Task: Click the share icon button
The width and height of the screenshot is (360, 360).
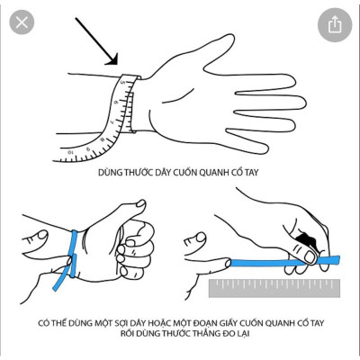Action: tap(336, 24)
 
